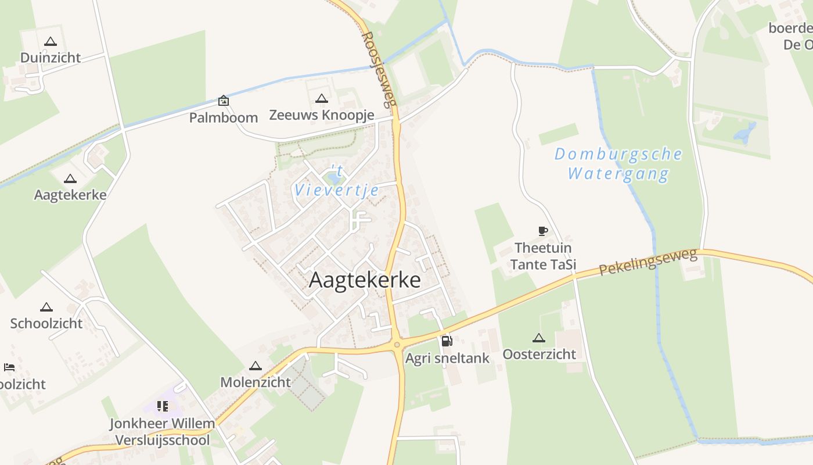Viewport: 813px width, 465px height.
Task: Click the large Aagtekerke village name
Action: point(365,280)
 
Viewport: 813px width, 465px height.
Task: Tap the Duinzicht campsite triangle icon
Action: point(51,42)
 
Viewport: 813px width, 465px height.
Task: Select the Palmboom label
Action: point(224,117)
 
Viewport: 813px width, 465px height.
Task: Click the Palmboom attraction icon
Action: point(224,101)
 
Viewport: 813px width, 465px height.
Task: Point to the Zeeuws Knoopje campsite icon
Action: point(321,98)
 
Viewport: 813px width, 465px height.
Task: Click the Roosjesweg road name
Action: point(378,69)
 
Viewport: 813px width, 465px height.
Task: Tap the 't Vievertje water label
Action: point(337,181)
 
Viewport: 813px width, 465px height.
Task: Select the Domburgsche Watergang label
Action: point(618,163)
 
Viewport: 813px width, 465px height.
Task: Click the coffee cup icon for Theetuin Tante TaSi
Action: point(542,231)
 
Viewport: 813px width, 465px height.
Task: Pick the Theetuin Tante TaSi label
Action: point(543,256)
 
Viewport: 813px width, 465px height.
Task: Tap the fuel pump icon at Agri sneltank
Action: point(447,341)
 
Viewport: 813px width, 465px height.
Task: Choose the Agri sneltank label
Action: point(447,358)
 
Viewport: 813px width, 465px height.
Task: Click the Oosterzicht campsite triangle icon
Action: point(539,338)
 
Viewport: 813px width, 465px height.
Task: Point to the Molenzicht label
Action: point(256,382)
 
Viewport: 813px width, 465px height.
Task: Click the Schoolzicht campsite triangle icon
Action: point(46,307)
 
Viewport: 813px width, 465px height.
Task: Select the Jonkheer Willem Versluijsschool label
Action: point(163,432)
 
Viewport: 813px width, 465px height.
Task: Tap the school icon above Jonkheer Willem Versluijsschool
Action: point(163,406)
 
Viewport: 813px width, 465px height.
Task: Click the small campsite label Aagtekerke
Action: point(70,195)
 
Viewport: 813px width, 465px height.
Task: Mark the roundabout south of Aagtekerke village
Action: point(397,345)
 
